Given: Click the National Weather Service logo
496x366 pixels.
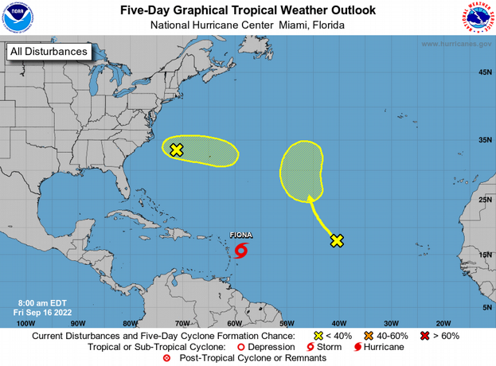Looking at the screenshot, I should pos(478,18).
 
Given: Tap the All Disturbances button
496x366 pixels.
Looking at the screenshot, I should pos(48,53).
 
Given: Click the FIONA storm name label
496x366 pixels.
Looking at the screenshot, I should pos(241,236).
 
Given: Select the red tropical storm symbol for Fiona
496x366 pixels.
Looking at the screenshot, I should pos(241,251).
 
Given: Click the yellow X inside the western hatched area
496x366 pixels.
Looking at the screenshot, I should pos(177,149).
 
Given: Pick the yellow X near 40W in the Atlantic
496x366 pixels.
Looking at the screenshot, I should pos(337,240).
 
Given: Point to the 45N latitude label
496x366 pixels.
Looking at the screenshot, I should pos(483,72).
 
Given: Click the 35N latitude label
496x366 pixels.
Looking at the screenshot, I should pos(483,140).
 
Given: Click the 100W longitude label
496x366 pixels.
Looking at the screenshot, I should pos(25,323).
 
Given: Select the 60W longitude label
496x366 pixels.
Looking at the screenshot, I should pos(235,323).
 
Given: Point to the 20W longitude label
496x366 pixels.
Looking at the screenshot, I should pos(443,323).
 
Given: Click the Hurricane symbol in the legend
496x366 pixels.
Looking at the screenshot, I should pos(358,347).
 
